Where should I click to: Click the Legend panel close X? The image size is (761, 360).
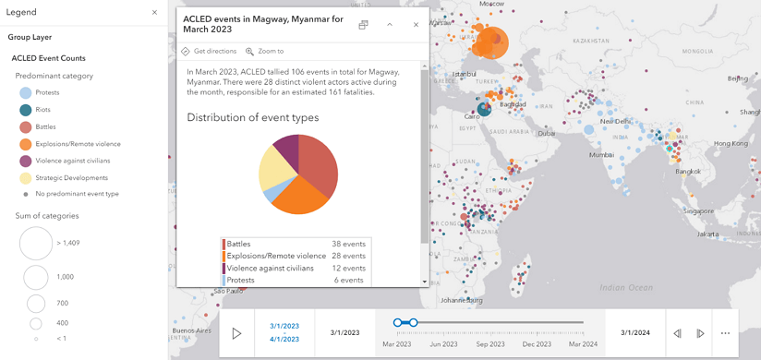(x=154, y=13)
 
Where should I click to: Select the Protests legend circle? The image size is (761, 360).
(x=25, y=93)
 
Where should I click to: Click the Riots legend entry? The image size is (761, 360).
(x=42, y=110)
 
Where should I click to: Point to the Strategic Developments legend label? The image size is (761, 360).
(x=72, y=177)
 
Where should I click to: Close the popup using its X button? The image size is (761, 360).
(x=416, y=25)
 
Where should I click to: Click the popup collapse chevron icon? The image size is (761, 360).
(x=390, y=25)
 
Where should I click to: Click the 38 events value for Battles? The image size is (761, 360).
(x=348, y=244)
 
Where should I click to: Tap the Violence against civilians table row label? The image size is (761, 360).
(x=271, y=268)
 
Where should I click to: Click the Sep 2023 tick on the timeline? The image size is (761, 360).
(x=490, y=344)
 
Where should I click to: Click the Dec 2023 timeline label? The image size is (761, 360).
(x=537, y=344)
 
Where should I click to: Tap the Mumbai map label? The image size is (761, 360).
(x=601, y=155)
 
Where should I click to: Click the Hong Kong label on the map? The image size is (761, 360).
(x=731, y=143)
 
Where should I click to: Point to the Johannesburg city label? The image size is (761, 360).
(x=462, y=300)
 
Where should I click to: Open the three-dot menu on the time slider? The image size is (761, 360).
(x=725, y=333)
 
